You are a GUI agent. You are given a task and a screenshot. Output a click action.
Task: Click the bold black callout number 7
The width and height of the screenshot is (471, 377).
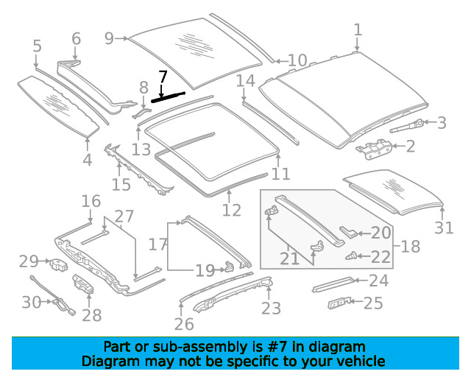tap(163, 77)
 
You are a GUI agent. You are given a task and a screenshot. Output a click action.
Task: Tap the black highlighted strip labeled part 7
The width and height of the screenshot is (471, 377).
tap(168, 97)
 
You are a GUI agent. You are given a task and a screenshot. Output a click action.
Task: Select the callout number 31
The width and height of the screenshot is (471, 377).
tap(444, 228)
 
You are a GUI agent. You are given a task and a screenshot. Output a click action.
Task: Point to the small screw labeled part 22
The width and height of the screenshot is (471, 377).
tap(350, 256)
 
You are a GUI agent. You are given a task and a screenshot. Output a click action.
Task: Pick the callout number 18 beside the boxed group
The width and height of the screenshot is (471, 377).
tap(411, 246)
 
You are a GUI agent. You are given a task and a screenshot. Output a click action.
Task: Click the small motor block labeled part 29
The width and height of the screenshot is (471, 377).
tap(59, 264)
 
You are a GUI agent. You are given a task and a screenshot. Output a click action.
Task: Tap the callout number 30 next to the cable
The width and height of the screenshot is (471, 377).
tap(31, 302)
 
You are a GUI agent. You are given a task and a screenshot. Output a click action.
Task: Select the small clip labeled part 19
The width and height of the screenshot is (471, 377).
tap(230, 266)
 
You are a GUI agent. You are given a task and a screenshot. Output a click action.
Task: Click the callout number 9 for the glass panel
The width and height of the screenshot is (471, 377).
tap(110, 38)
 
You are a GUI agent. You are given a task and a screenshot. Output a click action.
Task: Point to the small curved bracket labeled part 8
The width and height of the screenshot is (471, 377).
tap(141, 113)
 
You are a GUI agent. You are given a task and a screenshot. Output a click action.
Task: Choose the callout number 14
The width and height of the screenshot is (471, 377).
tap(245, 81)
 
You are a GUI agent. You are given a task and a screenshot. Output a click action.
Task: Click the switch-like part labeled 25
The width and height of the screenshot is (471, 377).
tap(339, 303)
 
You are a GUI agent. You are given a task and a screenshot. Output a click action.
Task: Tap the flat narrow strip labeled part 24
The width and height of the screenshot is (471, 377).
tap(333, 284)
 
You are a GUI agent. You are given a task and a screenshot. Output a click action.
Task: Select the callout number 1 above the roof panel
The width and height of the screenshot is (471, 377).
tap(358, 29)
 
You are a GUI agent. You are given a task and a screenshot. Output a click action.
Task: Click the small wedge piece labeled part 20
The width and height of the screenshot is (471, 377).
tap(348, 231)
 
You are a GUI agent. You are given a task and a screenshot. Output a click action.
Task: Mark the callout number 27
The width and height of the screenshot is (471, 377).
tap(124, 216)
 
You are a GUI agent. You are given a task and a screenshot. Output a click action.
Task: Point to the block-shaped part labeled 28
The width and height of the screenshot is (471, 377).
tap(83, 283)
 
